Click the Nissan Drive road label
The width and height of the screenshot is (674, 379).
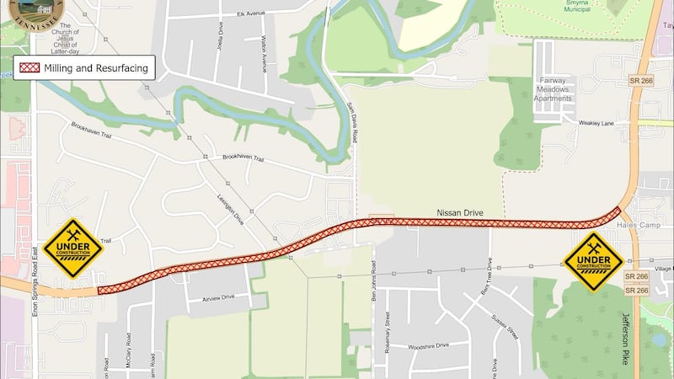click(459, 214)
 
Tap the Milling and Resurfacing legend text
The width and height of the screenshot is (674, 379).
click(97, 68)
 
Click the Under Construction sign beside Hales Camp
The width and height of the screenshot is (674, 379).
click(594, 261)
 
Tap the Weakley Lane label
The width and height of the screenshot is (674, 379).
click(596, 123)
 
